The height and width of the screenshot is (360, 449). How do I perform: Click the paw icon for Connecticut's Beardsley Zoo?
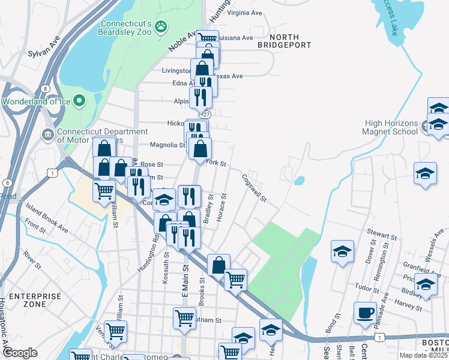pos(161,26)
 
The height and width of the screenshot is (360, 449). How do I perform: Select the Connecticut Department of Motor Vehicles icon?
pos(47,133)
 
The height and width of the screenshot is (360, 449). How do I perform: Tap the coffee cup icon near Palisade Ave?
pos(365,313)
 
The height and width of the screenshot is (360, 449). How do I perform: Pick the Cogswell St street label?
pos(255,188)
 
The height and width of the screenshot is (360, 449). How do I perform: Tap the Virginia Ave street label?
pos(244,13)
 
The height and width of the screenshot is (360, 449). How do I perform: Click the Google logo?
pos(20,353)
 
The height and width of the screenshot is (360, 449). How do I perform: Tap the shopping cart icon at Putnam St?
pos(184,317)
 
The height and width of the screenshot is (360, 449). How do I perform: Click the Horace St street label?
pos(221,206)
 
